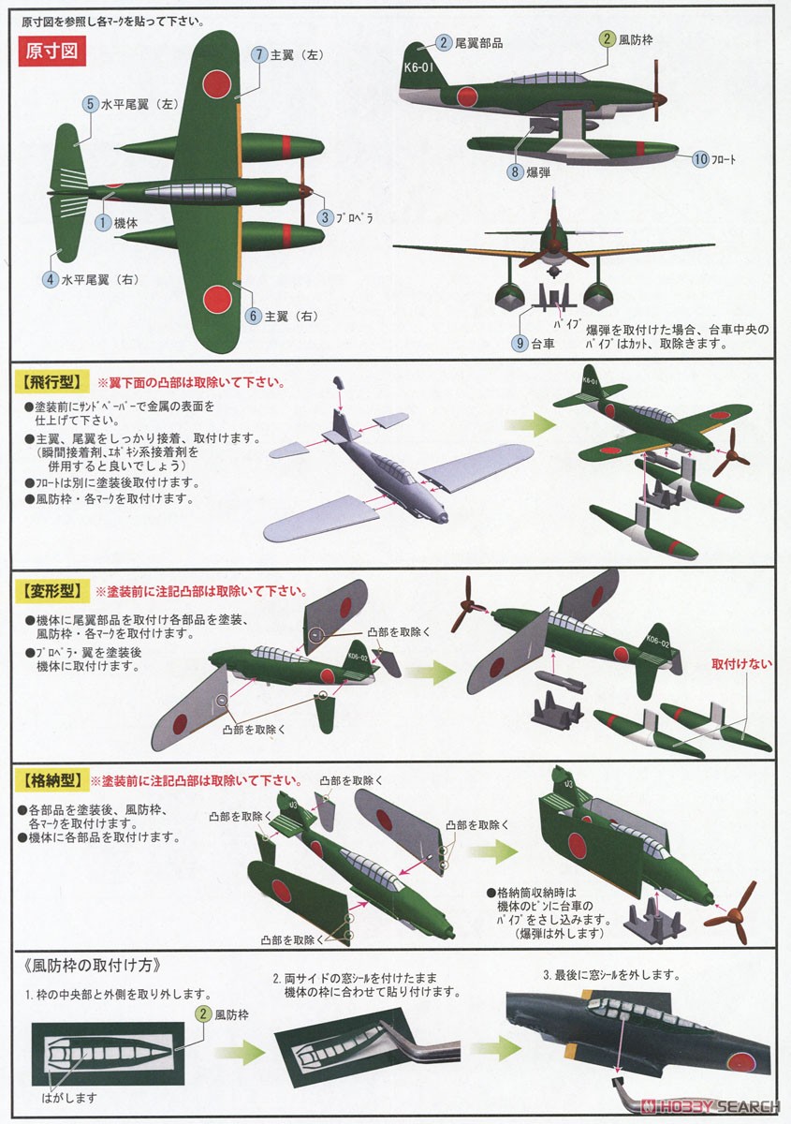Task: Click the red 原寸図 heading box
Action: (52, 52)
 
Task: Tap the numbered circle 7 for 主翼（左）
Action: (259, 55)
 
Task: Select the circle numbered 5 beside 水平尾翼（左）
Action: (91, 104)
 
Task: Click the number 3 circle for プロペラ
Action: (325, 217)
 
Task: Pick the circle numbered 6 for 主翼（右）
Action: (253, 317)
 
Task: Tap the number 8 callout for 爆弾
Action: (515, 171)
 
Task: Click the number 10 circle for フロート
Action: (701, 159)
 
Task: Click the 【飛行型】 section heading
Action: (48, 383)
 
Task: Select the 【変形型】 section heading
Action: (48, 592)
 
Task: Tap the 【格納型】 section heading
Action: (48, 780)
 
